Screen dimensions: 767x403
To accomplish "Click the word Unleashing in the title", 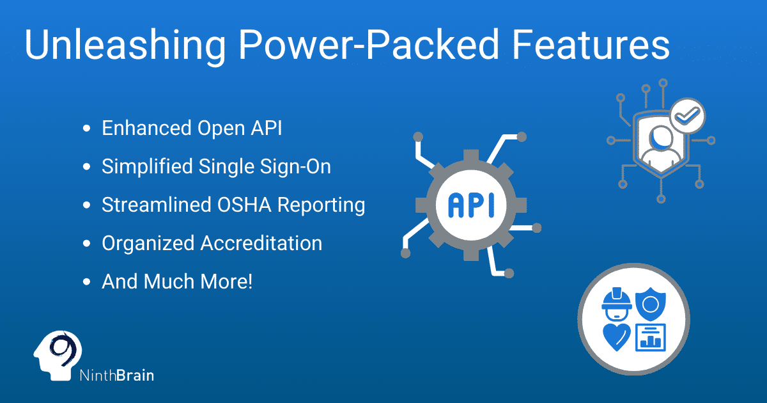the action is (x=125, y=45).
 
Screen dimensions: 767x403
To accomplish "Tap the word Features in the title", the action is (x=591, y=45).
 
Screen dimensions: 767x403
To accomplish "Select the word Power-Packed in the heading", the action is (x=369, y=45).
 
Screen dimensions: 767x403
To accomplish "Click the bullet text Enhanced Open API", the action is (x=192, y=128).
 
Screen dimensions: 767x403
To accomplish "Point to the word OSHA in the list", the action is (x=244, y=205).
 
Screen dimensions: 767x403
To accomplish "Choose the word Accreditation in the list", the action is (x=261, y=243).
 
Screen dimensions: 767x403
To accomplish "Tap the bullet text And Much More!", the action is (x=177, y=281).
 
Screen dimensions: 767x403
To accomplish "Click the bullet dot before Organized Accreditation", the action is (x=87, y=244).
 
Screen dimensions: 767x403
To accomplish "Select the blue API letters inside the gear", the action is (x=471, y=205).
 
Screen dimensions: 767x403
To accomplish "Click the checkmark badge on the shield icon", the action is (x=687, y=116).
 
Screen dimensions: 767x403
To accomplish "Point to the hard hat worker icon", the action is (x=617, y=304).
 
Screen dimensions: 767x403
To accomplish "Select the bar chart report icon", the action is (x=651, y=338).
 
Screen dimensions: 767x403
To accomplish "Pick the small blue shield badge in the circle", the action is (x=651, y=304).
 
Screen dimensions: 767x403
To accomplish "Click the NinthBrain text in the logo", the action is (x=117, y=375).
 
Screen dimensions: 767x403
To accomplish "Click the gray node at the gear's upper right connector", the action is (x=522, y=137).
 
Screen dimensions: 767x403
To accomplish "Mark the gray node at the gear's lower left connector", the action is (x=406, y=253).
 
